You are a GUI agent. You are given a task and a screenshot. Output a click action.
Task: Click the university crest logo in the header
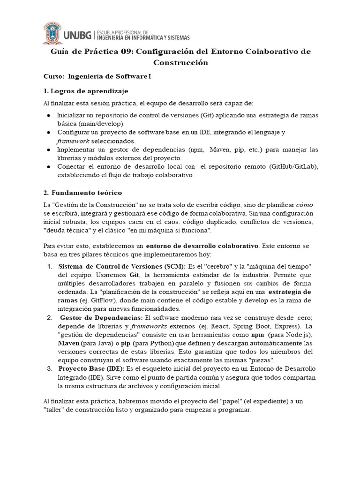point(55,32)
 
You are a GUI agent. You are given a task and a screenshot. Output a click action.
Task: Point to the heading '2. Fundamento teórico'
point(82,192)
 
